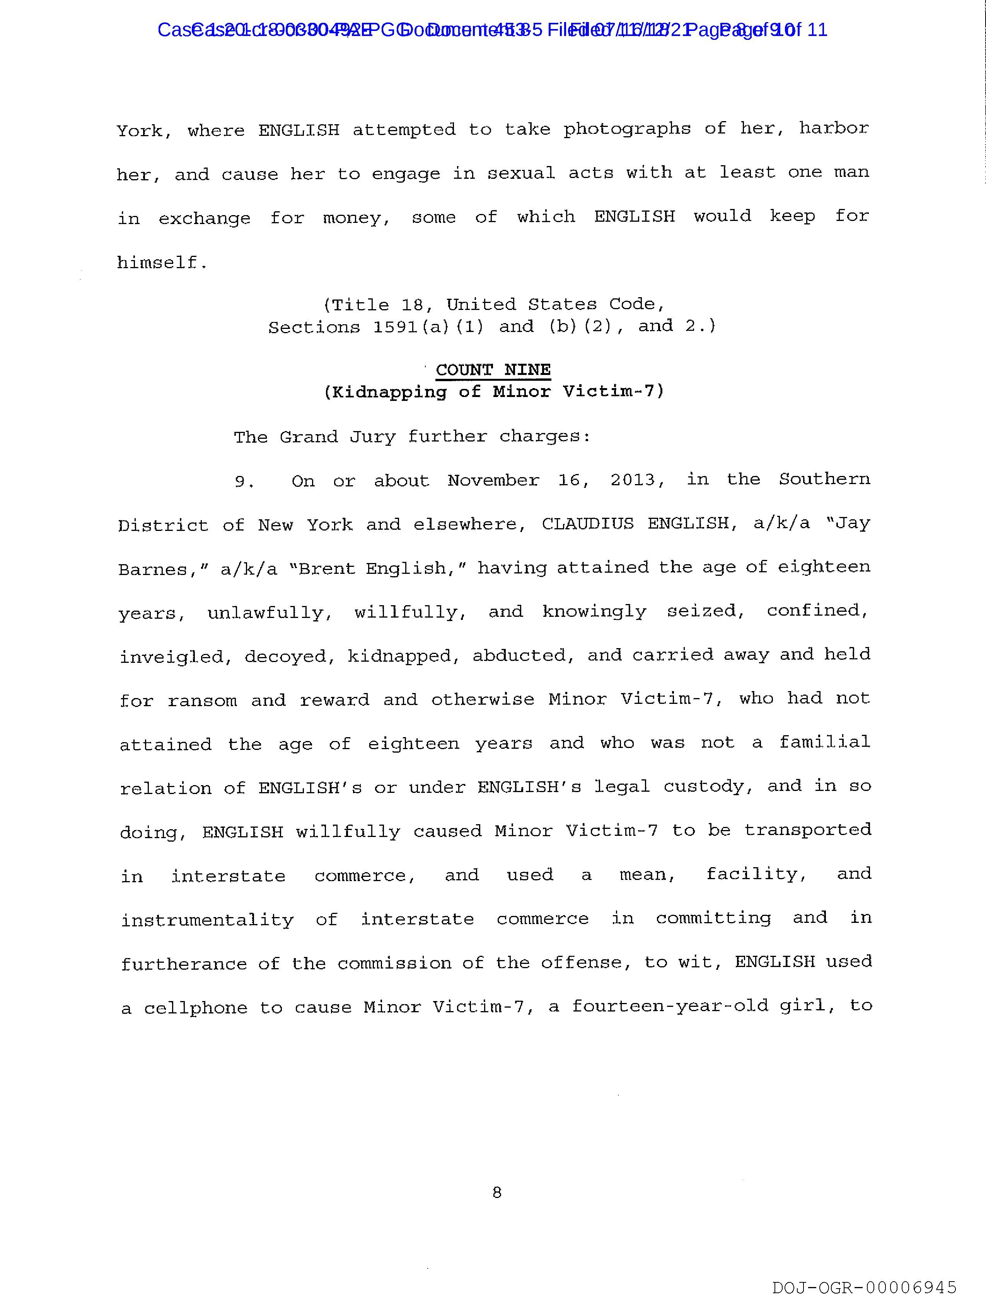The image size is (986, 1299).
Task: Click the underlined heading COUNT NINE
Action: (493, 370)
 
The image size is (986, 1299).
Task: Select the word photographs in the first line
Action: (627, 129)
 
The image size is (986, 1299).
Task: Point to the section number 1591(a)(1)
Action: (428, 327)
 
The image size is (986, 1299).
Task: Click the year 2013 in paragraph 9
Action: (636, 480)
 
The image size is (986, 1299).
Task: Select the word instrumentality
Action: (207, 920)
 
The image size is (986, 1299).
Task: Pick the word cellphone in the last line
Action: (195, 1008)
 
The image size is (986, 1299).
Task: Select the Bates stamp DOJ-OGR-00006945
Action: (864, 1288)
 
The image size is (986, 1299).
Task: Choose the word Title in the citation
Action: (361, 305)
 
